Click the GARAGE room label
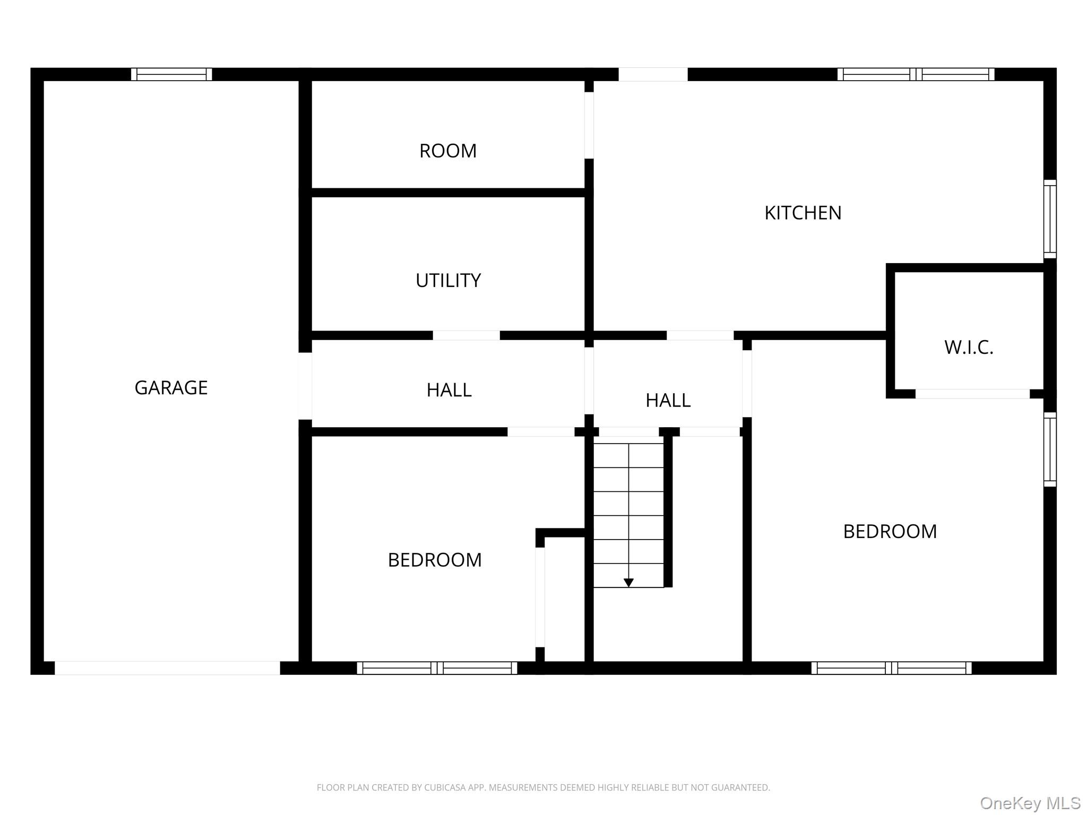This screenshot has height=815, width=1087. point(171,388)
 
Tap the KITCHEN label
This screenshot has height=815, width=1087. point(803,213)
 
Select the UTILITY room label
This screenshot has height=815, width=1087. point(448,280)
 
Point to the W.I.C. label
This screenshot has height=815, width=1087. point(969,348)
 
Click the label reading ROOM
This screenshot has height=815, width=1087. point(448,151)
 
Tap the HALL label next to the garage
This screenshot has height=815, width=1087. point(449,390)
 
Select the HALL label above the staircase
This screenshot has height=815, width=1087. point(668,400)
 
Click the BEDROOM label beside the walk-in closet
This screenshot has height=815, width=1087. point(890,531)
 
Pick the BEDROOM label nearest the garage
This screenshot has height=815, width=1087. point(435,560)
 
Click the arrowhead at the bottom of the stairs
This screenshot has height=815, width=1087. point(628,583)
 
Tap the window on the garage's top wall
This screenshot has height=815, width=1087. point(171,74)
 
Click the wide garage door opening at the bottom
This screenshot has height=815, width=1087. point(167,668)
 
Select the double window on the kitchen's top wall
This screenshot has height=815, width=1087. point(916,74)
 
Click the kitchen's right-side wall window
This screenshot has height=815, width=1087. point(1050,219)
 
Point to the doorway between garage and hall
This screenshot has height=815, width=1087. point(305,386)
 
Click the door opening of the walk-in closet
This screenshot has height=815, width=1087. point(972,394)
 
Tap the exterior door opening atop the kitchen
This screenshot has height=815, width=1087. point(653,74)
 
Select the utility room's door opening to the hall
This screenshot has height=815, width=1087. point(467,335)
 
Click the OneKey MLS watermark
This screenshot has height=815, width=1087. point(1030,803)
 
